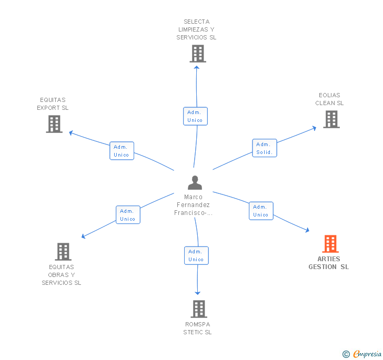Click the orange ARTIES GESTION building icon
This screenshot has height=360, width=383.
click(x=330, y=244)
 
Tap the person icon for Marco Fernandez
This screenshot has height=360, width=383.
click(x=195, y=183)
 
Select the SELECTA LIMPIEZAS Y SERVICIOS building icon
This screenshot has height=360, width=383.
click(x=197, y=54)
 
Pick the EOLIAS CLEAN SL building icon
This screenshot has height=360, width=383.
click(x=331, y=119)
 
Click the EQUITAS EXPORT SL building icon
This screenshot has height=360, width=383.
click(x=54, y=124)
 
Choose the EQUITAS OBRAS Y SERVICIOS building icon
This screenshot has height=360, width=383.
click(x=63, y=252)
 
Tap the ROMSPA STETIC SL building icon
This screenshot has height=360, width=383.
click(x=198, y=309)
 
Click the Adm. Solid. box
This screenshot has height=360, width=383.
click(x=264, y=148)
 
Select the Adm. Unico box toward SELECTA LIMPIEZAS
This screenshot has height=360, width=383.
click(x=195, y=116)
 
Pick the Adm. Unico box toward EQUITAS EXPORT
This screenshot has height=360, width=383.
click(x=122, y=151)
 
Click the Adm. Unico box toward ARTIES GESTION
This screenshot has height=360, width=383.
click(x=261, y=211)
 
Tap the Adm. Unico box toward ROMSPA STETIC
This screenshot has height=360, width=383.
click(x=196, y=255)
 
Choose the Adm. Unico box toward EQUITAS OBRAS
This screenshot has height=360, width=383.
click(x=128, y=215)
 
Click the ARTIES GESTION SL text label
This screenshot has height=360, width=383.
click(x=329, y=263)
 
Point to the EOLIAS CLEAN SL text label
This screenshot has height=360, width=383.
click(x=329, y=99)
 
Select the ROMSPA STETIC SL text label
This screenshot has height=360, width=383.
click(x=198, y=328)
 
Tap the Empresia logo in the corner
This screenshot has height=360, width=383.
click(x=367, y=354)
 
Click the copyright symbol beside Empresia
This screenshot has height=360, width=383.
click(x=346, y=354)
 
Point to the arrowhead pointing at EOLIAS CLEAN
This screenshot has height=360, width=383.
click(x=314, y=127)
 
